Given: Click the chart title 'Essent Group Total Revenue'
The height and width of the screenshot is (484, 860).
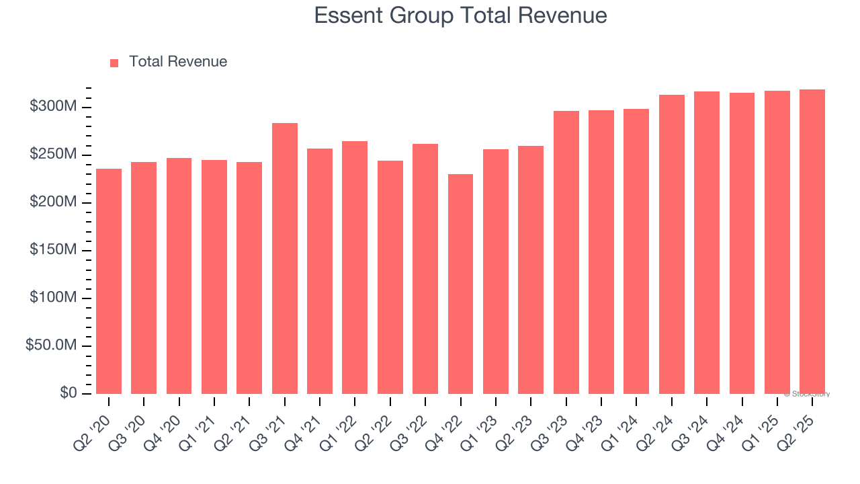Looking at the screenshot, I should (x=460, y=15).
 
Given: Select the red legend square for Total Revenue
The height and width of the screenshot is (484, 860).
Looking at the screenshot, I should (x=114, y=63).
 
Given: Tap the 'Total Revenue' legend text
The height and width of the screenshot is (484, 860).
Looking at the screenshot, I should (x=177, y=62).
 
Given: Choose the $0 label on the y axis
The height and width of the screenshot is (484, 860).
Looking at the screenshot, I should (x=68, y=393).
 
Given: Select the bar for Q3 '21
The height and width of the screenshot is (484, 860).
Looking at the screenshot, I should (x=284, y=258).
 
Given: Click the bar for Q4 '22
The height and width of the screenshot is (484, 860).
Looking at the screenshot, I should (x=460, y=284).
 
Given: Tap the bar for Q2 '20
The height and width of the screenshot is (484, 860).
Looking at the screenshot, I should (x=109, y=281).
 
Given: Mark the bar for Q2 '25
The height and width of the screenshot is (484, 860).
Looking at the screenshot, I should (x=812, y=241).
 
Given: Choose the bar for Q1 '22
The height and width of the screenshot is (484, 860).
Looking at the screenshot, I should (x=355, y=267).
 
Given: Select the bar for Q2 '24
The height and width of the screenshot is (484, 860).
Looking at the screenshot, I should (x=671, y=244).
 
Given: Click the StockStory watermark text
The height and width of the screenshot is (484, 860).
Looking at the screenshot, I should (x=806, y=394).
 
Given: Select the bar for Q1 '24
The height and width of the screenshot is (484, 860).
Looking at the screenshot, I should (x=636, y=251).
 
